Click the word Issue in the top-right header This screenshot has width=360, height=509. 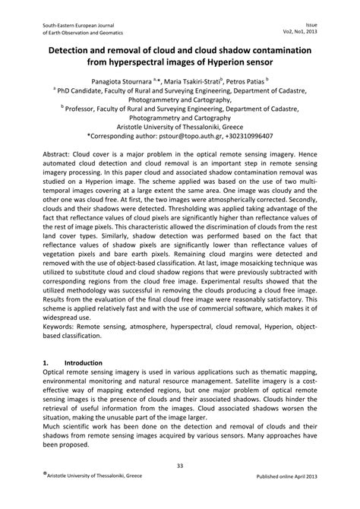[x=323, y=24]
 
